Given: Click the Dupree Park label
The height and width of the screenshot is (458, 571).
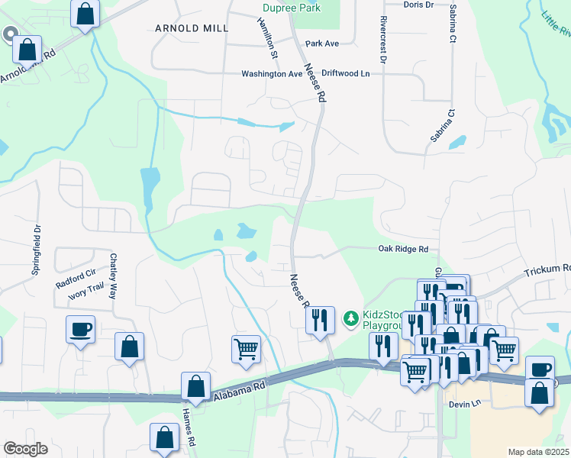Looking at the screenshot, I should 290,8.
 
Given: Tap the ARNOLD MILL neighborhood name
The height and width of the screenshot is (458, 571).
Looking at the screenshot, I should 192,27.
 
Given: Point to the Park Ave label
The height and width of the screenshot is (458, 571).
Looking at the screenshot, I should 321,44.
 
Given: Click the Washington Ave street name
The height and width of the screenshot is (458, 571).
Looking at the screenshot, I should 272,74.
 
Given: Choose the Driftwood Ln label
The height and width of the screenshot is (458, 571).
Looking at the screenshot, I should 345,73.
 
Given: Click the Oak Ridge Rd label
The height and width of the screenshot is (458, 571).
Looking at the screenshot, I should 403,249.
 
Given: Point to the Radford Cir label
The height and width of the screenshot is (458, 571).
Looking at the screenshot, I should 76,272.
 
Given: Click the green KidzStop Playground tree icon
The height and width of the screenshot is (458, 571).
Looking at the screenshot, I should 350,317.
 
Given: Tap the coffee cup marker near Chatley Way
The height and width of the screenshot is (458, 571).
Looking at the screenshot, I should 80,330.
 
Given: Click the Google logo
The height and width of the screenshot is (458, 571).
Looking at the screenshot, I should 26,448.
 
